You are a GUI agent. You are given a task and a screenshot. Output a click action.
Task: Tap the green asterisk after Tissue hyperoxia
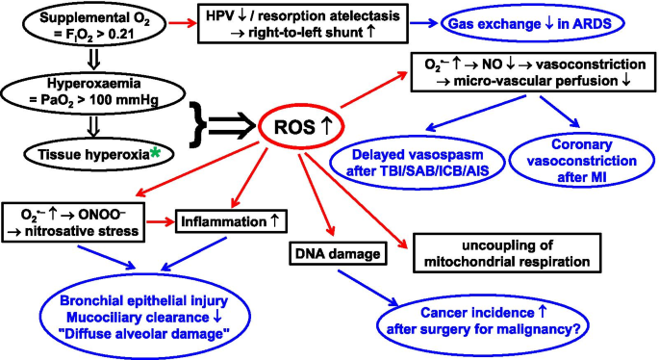click(x=155, y=154)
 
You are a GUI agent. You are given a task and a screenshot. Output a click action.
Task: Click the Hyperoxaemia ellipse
click(x=93, y=76)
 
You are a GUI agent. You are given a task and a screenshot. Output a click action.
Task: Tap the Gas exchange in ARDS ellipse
click(x=532, y=7)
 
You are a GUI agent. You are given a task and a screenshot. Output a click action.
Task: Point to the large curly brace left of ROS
click(x=197, y=125)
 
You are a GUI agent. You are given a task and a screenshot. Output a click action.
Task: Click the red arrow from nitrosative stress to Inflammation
click(x=160, y=221)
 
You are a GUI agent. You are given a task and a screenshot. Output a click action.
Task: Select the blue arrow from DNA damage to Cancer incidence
click(x=368, y=288)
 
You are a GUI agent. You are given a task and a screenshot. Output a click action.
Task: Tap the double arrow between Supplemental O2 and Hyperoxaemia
click(x=93, y=60)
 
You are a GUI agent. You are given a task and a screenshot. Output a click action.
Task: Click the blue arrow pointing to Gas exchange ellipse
click(x=423, y=23)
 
